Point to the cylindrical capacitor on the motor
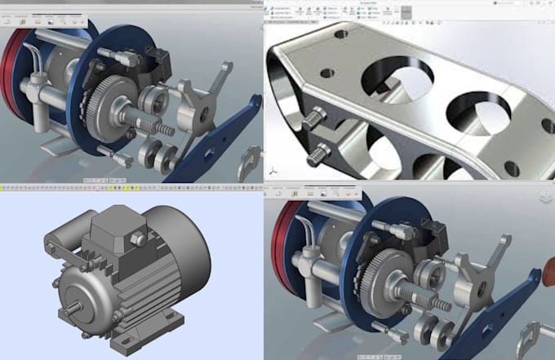[59, 244]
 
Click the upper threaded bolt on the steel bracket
[315, 119]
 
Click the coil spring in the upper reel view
[164, 129]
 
